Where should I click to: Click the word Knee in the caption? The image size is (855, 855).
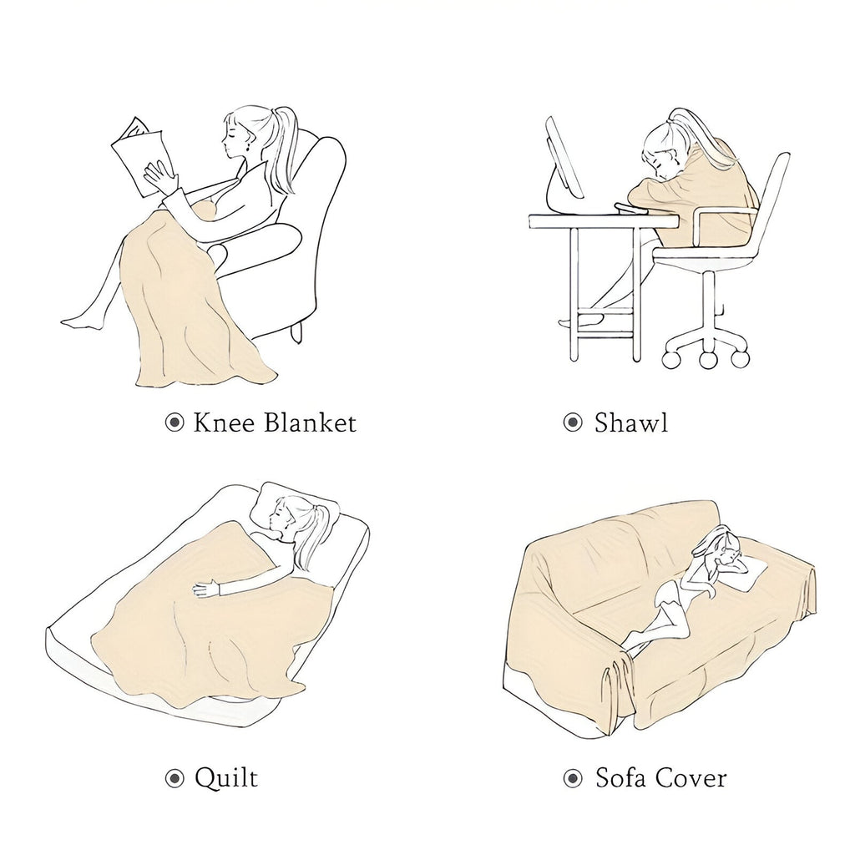pyautogui.click(x=225, y=422)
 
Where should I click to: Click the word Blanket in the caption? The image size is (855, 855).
pyautogui.click(x=310, y=422)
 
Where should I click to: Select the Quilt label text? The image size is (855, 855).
pyautogui.click(x=225, y=777)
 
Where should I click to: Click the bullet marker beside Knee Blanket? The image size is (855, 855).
pyautogui.click(x=175, y=422)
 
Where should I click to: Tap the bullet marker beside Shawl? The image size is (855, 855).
pyautogui.click(x=573, y=422)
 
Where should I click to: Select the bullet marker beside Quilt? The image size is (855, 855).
pyautogui.click(x=175, y=779)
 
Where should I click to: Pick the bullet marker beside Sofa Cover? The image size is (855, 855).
pyautogui.click(x=573, y=779)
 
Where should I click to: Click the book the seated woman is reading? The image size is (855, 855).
pyautogui.click(x=139, y=155)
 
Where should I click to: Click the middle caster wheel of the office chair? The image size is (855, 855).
pyautogui.click(x=709, y=360)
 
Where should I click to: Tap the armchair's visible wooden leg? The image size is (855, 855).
pyautogui.click(x=296, y=332)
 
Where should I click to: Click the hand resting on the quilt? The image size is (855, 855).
pyautogui.click(x=206, y=589)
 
